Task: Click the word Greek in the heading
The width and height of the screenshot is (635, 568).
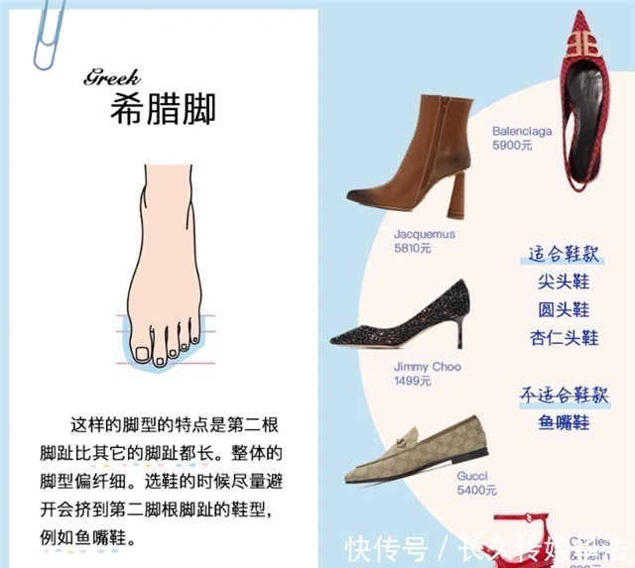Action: pyautogui.click(x=111, y=76)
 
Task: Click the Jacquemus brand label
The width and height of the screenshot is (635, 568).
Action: pyautogui.click(x=424, y=235)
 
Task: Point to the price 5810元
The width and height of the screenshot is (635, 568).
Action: pyautogui.click(x=412, y=249)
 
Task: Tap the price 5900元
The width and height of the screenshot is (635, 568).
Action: pyautogui.click(x=512, y=145)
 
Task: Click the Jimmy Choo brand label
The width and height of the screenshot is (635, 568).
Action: pyautogui.click(x=427, y=367)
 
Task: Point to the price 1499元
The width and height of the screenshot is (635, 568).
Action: pyautogui.click(x=412, y=381)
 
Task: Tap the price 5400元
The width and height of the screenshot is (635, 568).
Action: pyautogui.click(x=476, y=490)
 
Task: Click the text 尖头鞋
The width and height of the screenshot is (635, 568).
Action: pyautogui.click(x=563, y=283)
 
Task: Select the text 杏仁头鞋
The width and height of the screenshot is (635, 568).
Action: pyautogui.click(x=564, y=338)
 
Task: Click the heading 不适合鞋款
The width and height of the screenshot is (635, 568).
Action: pyautogui.click(x=562, y=394)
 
